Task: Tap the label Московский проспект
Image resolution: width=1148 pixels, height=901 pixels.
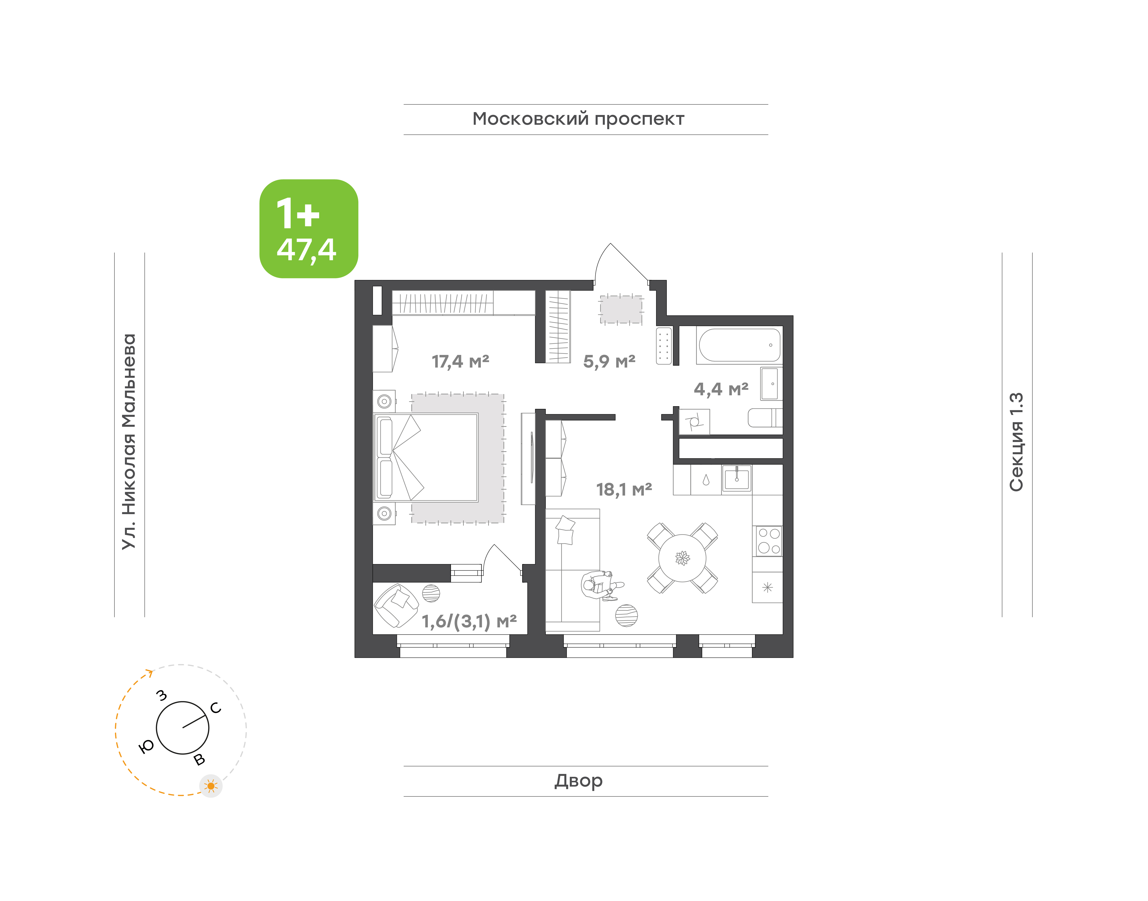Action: [x=578, y=119]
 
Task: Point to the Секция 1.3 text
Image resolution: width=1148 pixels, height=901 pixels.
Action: [x=1016, y=442]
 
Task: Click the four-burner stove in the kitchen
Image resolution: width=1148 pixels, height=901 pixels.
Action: [x=768, y=541]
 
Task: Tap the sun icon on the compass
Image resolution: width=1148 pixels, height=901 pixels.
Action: [x=211, y=786]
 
